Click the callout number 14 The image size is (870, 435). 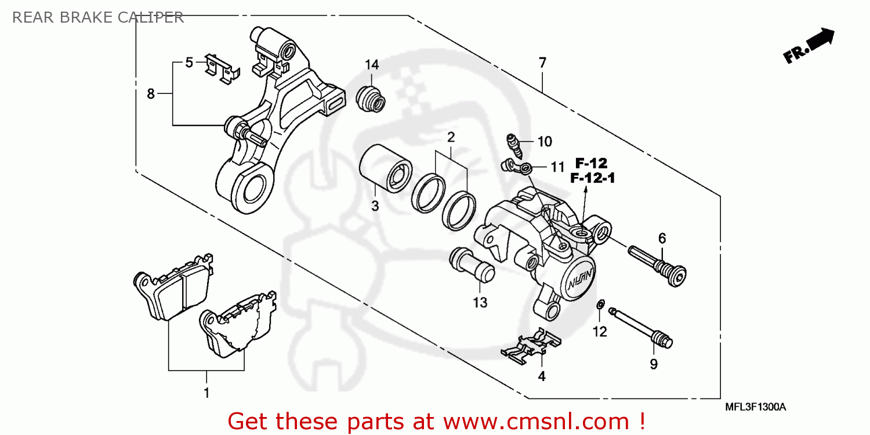pos(371,64)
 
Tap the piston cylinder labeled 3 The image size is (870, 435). pos(385,169)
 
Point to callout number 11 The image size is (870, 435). pos(557,168)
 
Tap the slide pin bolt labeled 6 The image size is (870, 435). pos(658,264)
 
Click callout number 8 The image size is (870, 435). pos(151,93)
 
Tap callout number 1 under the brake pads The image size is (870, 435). pos(206,393)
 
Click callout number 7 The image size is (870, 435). pos(542,63)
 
